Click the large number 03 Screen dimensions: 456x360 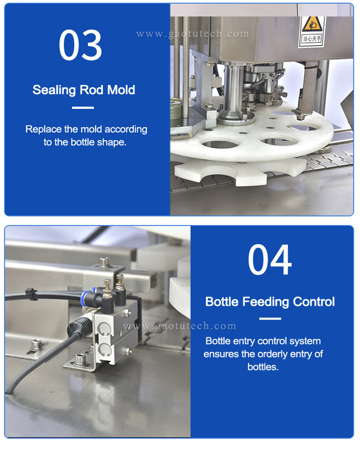tap(80, 44)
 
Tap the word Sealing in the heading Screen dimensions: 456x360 tap(55, 90)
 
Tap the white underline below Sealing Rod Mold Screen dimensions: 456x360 tap(83, 108)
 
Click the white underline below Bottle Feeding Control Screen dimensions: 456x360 tap(270, 319)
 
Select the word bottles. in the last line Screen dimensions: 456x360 tap(263, 367)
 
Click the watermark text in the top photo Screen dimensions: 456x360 tap(192, 34)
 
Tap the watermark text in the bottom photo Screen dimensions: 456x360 tap(180, 326)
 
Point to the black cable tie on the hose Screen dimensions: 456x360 tap(29, 292)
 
